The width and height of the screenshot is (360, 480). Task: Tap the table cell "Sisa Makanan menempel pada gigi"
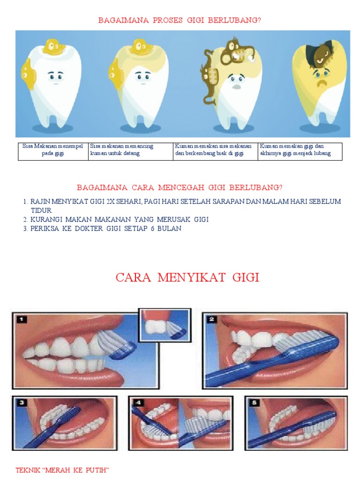[52, 150]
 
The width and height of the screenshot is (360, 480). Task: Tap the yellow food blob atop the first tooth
[51, 47]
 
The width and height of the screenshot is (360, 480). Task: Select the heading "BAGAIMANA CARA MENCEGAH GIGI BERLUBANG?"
[180, 187]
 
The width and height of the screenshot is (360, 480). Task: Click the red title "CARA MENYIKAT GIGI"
[187, 277]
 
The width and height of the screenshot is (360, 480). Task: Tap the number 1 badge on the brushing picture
[22, 320]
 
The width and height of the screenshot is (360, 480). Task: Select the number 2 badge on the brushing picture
[212, 320]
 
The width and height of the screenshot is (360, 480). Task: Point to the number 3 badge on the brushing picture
[22, 402]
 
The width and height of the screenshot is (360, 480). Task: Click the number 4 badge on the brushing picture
[139, 402]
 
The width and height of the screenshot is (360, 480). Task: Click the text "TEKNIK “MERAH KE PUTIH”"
[62, 470]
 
